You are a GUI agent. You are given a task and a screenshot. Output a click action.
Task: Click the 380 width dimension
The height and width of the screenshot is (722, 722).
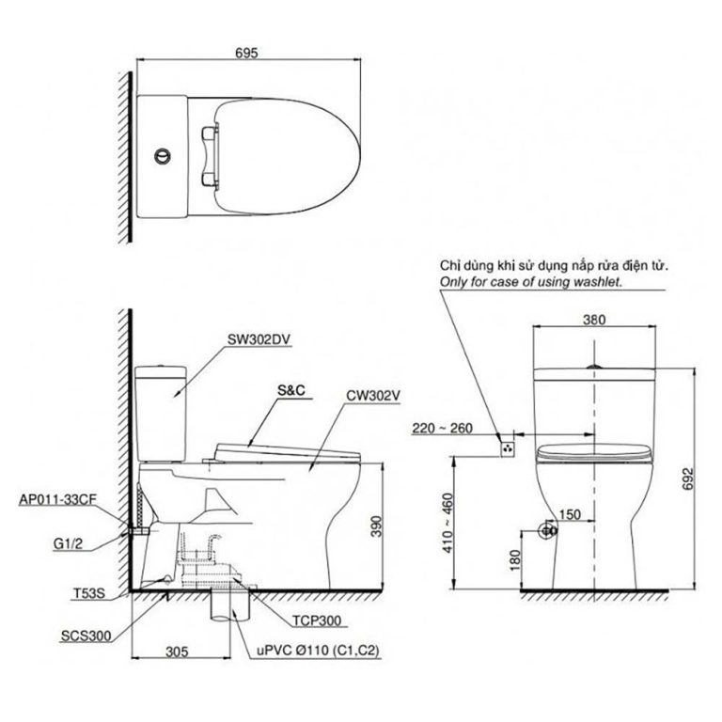coord(594,319)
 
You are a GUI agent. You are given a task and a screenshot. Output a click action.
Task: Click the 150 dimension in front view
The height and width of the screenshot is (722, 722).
coord(570,515)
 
